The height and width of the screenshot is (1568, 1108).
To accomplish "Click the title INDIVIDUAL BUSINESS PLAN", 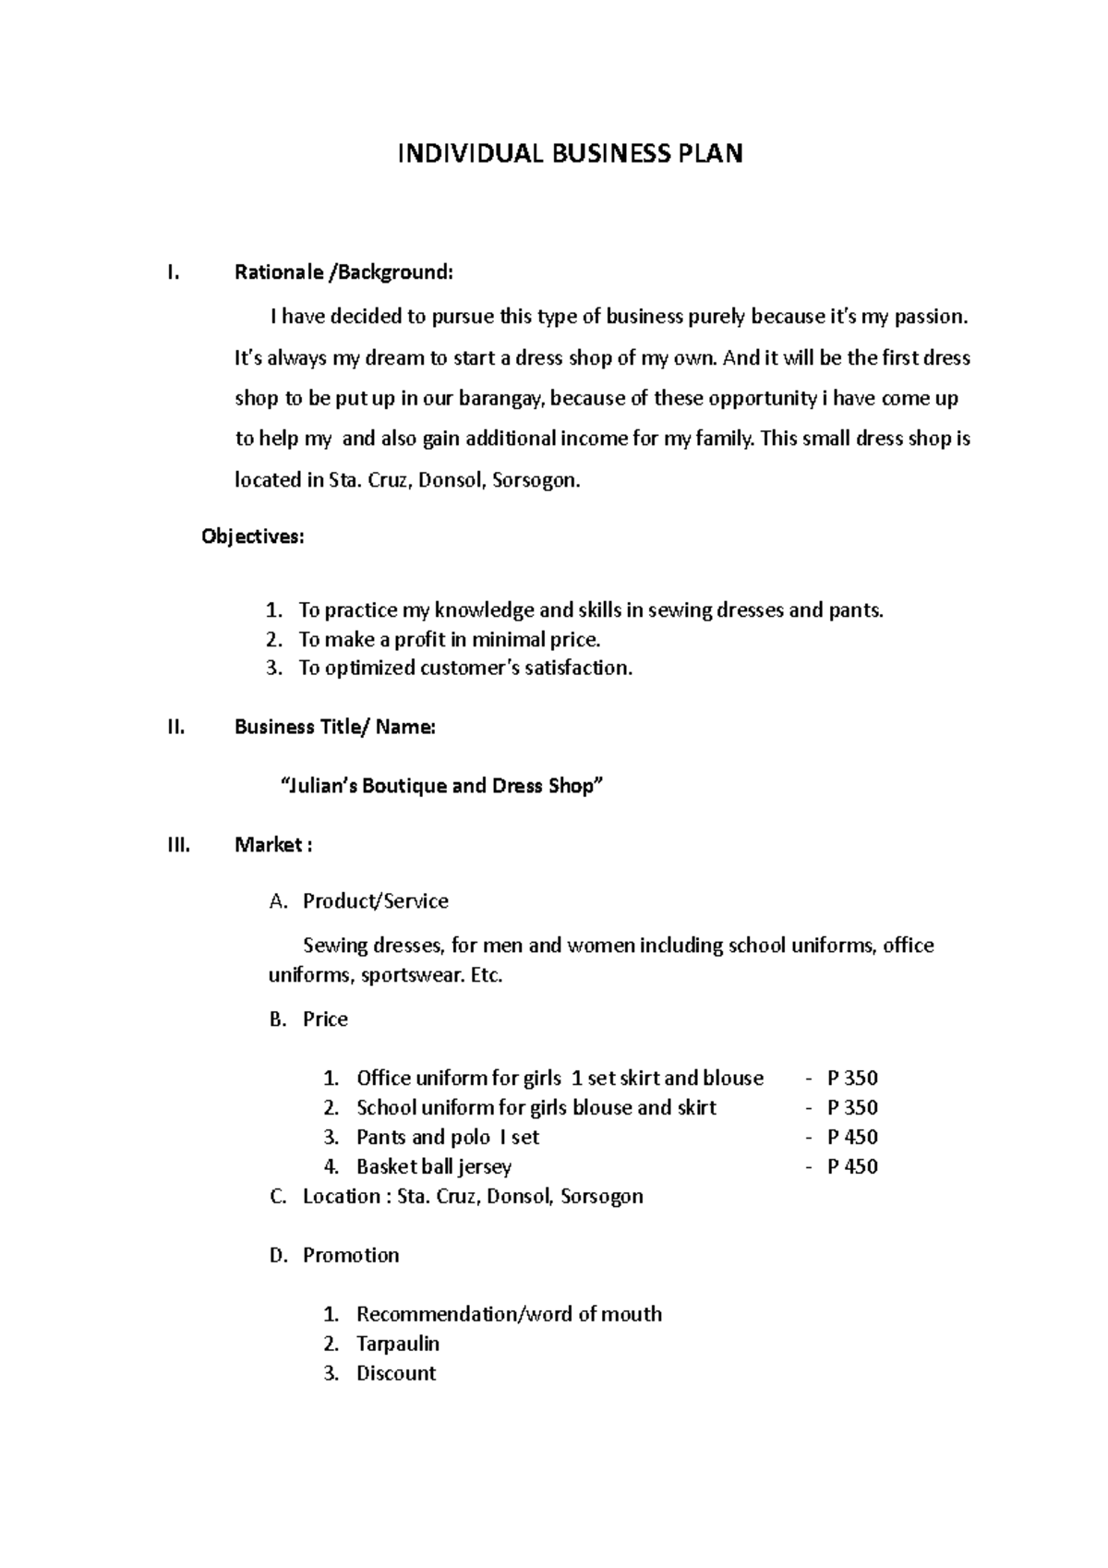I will click(570, 153).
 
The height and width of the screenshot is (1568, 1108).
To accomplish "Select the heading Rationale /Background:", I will click(343, 272).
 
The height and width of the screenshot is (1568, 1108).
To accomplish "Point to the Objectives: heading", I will click(252, 537).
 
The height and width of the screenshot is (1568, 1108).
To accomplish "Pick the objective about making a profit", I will click(449, 639).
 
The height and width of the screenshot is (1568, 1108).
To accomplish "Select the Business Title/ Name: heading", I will click(334, 727).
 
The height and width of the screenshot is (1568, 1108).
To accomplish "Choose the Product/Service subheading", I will click(375, 901).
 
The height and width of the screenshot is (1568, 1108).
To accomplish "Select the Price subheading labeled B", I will click(325, 1019).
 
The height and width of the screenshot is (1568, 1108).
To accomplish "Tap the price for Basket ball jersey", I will click(851, 1166).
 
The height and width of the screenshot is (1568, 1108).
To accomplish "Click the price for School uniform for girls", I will click(851, 1107).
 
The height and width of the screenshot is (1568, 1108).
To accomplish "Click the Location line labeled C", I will click(472, 1197).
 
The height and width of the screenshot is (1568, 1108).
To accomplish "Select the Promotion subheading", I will click(351, 1255).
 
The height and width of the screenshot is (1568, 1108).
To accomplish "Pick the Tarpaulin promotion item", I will click(397, 1344).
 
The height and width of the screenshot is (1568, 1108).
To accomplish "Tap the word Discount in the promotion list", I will click(395, 1373).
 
